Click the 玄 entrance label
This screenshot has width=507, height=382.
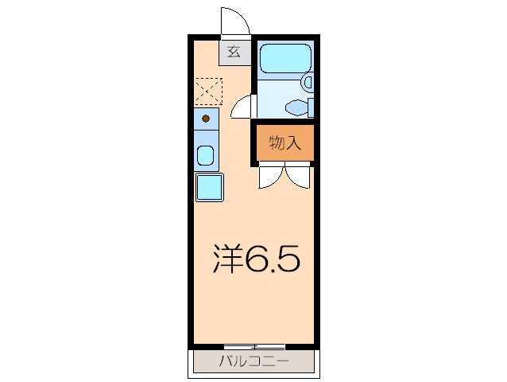(x=234, y=53)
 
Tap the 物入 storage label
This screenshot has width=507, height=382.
(x=284, y=143)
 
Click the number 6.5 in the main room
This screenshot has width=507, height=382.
(x=271, y=258)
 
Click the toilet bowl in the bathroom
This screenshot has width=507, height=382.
(x=297, y=106)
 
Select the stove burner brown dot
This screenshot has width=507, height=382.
(x=206, y=119)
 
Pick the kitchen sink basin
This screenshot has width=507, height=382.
(x=206, y=155)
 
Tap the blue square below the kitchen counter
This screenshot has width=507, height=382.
(x=210, y=188)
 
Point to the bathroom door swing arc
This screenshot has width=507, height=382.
(x=243, y=107)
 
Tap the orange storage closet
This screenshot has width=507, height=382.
(x=284, y=143)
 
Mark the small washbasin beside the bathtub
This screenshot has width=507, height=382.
(x=308, y=81)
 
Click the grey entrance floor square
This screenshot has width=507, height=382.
(x=234, y=53)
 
